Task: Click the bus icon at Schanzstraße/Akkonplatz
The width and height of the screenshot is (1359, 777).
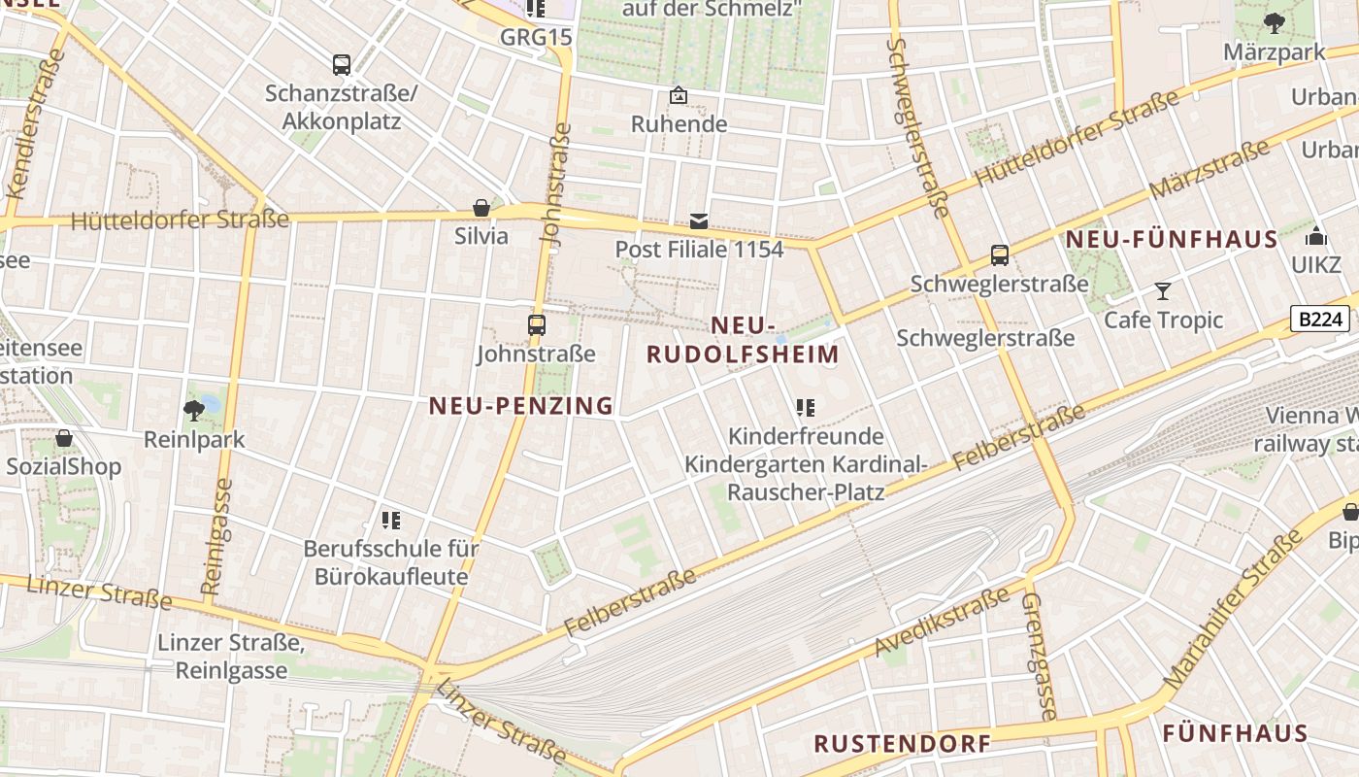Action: point(342,65)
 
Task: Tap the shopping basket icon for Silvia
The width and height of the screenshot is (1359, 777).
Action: point(481,208)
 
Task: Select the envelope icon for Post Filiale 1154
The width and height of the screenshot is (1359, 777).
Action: point(699,220)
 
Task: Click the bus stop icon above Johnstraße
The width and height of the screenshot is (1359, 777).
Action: point(537,325)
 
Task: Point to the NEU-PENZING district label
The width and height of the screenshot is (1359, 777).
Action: point(521,406)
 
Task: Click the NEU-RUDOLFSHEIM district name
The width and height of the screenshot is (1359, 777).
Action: point(743,340)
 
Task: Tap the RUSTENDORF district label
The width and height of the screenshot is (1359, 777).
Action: point(902,744)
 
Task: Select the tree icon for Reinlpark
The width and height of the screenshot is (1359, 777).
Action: point(194,410)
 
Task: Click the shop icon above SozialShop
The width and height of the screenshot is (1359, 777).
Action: point(64,438)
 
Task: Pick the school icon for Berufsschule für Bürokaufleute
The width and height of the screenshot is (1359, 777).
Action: point(391,521)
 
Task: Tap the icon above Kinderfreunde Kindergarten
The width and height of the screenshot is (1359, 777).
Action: point(805,408)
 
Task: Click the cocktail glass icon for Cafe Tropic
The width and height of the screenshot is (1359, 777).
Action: point(1163,291)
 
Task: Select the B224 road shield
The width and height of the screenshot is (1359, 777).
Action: point(1319,319)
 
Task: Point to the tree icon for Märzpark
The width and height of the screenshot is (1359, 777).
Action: point(1274,22)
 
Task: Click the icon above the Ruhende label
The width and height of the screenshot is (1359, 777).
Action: point(679,95)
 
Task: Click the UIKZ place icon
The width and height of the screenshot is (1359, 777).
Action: point(1315,236)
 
